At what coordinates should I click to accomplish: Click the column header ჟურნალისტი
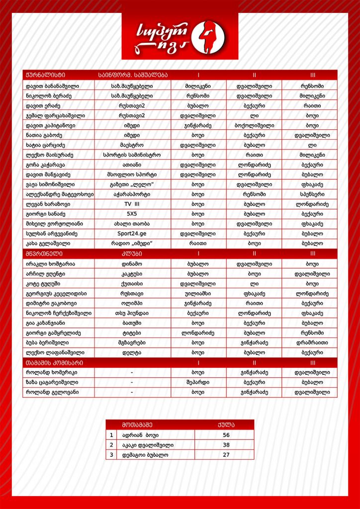pos(45,75)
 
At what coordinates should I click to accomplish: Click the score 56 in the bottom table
pos(226,435)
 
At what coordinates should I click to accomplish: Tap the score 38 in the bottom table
pos(226,445)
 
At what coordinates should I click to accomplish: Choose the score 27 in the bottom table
pos(226,455)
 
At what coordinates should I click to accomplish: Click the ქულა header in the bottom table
pos(226,425)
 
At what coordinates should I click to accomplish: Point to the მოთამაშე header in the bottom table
pos(137,425)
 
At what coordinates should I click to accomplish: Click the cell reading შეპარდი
pos(198,382)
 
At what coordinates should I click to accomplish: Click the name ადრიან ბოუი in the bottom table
pos(141,435)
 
